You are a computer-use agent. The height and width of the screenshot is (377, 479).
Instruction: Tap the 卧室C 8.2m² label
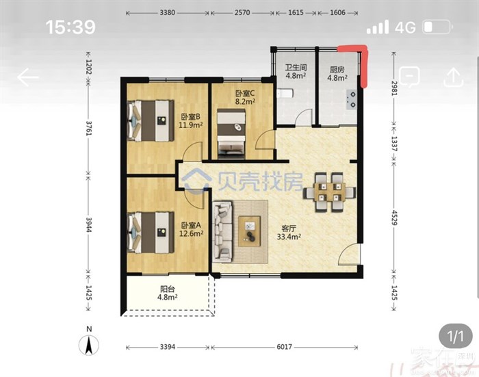[245, 97]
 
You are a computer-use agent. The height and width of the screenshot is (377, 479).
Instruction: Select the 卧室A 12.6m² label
[191, 229]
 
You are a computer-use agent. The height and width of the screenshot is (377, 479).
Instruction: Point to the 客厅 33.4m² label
[289, 233]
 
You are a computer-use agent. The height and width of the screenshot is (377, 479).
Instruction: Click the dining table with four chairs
[329, 192]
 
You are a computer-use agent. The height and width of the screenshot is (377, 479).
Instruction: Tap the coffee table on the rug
[250, 231]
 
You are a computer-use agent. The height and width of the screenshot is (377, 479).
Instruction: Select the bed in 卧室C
[231, 134]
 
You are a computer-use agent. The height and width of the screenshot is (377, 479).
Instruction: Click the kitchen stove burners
[352, 100]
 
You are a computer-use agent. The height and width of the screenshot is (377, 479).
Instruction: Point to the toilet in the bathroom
[285, 93]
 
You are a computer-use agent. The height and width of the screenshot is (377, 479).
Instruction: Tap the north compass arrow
[89, 345]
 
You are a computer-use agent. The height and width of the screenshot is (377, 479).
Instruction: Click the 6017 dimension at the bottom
[284, 347]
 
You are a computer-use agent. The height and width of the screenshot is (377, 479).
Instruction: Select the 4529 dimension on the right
[394, 218]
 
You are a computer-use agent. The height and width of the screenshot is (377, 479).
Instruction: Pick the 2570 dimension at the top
[242, 13]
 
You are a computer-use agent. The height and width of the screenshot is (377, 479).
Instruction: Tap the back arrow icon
[28, 77]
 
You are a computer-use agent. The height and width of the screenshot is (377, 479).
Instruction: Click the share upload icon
[454, 77]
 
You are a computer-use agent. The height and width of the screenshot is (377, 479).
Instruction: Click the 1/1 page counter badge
[456, 337]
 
